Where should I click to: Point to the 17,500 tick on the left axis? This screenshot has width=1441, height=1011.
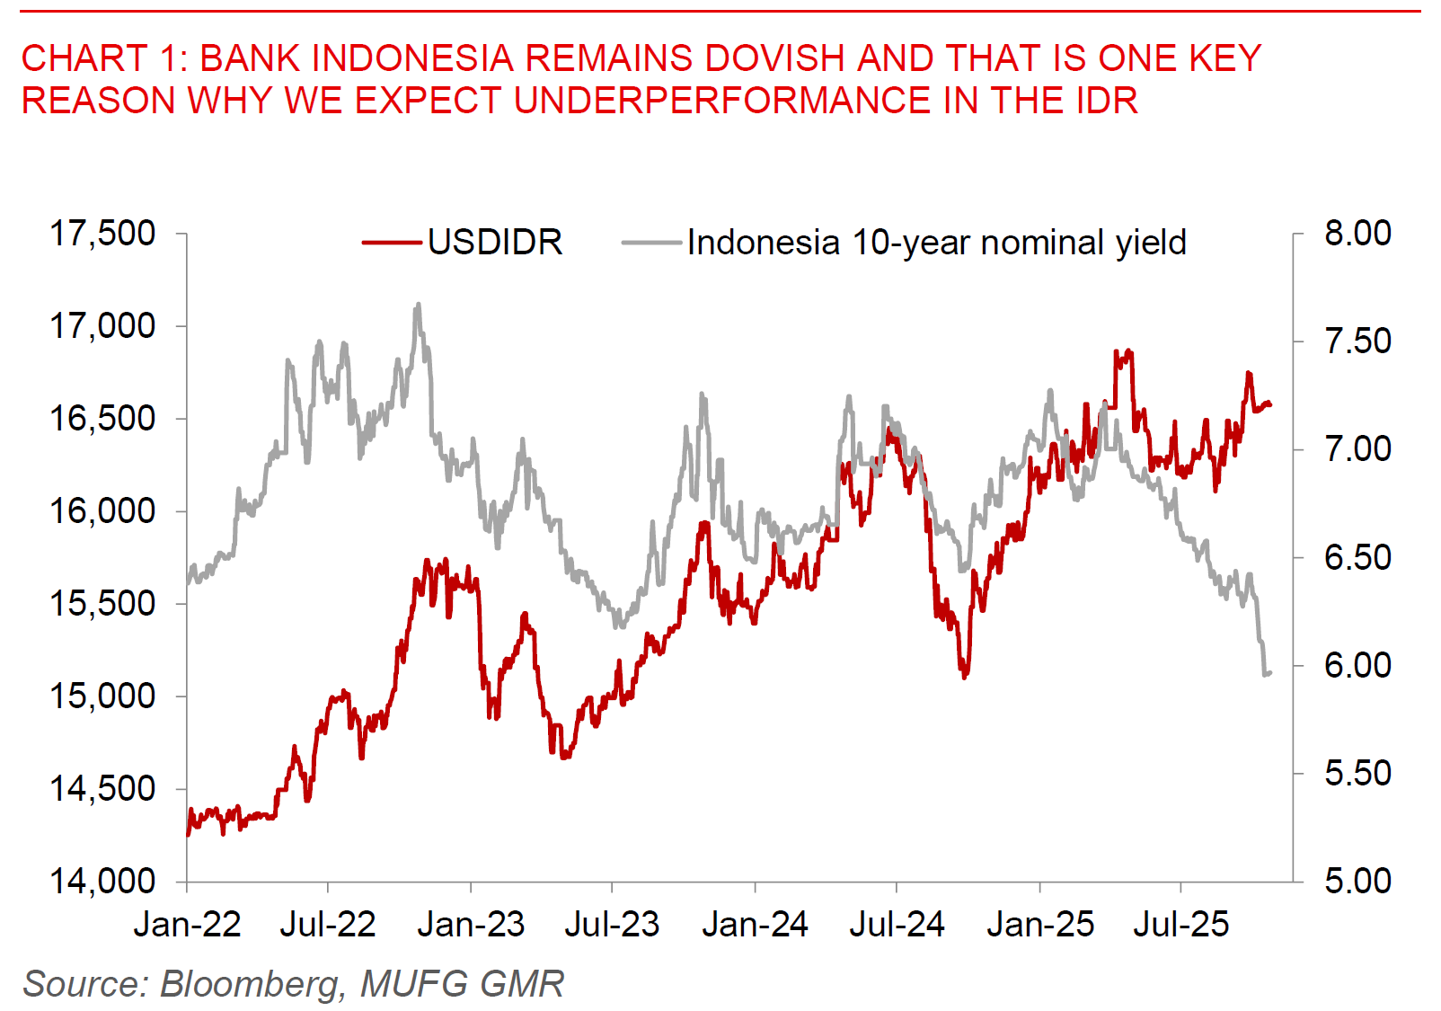click(102, 234)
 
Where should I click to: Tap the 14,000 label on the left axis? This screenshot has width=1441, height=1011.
click(102, 882)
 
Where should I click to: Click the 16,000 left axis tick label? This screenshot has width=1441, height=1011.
click(102, 511)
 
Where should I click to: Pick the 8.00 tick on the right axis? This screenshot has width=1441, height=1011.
click(1357, 233)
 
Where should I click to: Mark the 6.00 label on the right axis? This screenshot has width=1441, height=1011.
click(1357, 665)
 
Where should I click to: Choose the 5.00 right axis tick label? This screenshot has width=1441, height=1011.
click(1357, 881)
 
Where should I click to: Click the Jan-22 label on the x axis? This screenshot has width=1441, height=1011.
click(187, 924)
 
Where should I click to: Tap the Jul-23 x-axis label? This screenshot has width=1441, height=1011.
click(612, 924)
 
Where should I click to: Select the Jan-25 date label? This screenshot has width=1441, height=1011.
click(1039, 924)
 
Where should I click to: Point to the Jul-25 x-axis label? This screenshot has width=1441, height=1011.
click(1180, 924)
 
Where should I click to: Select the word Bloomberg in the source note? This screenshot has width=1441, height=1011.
click(252, 984)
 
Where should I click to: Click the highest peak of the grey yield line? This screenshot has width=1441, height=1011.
click(418, 306)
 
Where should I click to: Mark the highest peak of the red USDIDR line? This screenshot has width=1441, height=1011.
click(1128, 351)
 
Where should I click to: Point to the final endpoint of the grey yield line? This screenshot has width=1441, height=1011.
click(1269, 672)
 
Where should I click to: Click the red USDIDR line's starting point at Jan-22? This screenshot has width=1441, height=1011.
click(188, 834)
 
